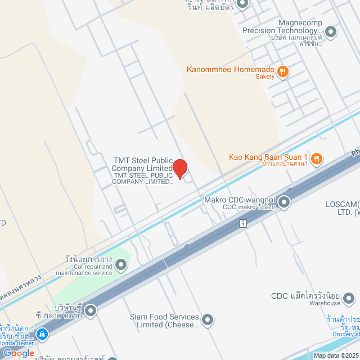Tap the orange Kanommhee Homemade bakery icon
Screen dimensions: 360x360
[x=284, y=71]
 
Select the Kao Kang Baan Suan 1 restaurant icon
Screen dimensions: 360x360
[x=317, y=159]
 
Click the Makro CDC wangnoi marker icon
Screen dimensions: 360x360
[x=284, y=201]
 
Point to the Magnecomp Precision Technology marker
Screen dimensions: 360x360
[x=331, y=31]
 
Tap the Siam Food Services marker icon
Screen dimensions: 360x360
[x=208, y=320]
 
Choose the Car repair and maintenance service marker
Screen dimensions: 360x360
[x=120, y=263]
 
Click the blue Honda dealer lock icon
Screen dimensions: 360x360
[x=42, y=335]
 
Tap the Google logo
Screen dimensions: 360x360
[x=18, y=353]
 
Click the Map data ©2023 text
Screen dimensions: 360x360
[x=336, y=355]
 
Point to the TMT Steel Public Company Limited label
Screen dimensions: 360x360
[x=142, y=164]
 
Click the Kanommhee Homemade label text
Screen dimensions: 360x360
[x=231, y=70]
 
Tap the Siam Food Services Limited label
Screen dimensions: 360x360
[x=164, y=321]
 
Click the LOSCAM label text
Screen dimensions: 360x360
[x=342, y=204]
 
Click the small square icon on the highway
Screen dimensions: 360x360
[x=242, y=223]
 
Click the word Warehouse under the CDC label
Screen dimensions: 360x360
[x=325, y=303]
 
